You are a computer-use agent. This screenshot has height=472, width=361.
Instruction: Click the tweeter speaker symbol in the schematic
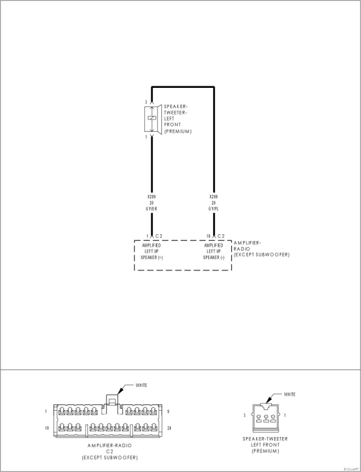pos(152,118)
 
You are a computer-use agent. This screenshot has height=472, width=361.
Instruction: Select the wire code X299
pos(214,196)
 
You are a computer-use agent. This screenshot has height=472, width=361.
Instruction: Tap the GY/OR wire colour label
pos(152,209)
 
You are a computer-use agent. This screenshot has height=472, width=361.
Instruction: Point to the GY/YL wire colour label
pos(214,209)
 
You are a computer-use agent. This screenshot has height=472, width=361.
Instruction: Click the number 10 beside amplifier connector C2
pos(208,236)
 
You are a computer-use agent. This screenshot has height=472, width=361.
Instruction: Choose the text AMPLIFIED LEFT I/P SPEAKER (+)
pos(152,251)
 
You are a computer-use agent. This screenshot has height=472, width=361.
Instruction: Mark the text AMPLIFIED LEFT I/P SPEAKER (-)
pos(214,251)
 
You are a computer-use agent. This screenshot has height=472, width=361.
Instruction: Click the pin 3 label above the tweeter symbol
pos(146,102)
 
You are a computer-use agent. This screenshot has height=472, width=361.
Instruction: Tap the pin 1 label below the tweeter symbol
pos(146,137)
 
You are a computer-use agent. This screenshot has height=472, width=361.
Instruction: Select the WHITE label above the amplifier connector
pos(141,385)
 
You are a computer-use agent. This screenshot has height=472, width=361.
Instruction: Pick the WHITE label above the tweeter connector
pos(290,394)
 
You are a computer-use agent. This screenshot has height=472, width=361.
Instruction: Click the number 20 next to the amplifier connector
pos(169,428)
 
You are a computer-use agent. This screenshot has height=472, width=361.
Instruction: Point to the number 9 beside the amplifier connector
pos(168,412)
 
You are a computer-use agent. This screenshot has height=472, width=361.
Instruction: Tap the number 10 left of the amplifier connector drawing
pos(47,428)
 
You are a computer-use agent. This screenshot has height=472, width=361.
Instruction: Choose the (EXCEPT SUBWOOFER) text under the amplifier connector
pos(110,458)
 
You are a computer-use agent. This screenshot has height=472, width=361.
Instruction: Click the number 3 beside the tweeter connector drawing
pos(245,415)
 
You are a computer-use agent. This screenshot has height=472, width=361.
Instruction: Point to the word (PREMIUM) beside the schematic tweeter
pos(178,131)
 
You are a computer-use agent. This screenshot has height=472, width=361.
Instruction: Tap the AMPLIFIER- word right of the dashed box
pos(247,243)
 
